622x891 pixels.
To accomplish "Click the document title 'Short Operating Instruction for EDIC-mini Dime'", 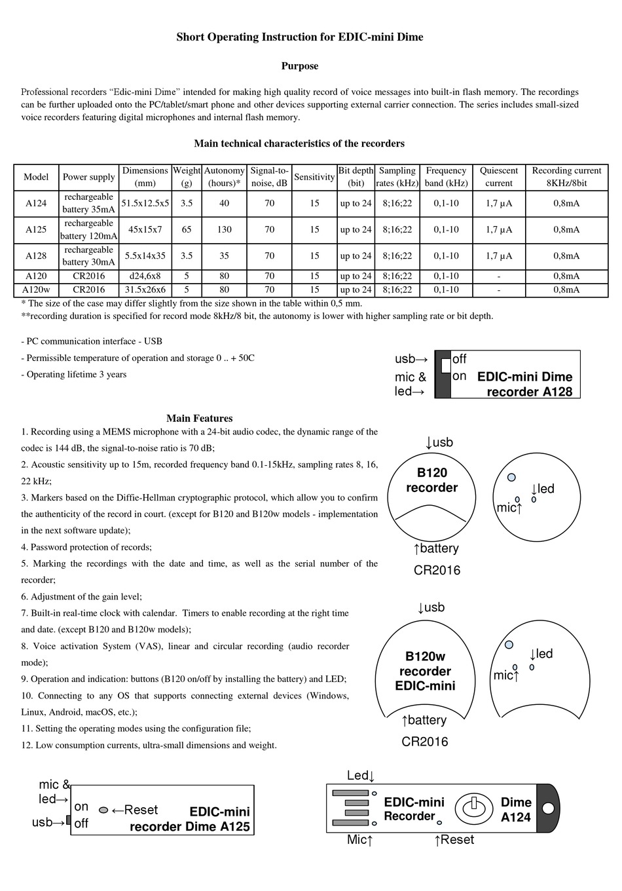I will coord(300,37).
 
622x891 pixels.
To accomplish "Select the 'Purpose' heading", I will coord(300,66).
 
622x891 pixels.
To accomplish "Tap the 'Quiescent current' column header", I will coord(499,177).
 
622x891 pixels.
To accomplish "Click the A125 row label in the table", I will coord(36,230).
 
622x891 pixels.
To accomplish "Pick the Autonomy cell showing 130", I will coord(224,230).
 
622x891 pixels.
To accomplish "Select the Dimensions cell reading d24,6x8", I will coord(145,276).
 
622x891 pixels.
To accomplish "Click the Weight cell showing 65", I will coord(187,230).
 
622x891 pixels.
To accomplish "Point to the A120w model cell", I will coord(36,290).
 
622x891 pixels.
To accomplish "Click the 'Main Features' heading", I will coord(199,419).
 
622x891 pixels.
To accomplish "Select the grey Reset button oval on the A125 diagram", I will coord(103,810).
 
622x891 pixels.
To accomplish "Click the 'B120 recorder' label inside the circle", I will coord(431,480).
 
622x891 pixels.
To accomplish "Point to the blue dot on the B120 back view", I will coord(511,477).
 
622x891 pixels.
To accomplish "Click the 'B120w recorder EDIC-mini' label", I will coord(425,671).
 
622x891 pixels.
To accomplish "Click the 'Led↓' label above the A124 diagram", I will coord(360,776).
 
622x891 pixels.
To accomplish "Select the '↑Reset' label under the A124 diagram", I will coord(454,840).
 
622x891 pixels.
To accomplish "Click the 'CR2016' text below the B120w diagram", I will coord(425,742).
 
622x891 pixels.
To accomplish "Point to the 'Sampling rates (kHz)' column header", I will coord(397,177).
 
